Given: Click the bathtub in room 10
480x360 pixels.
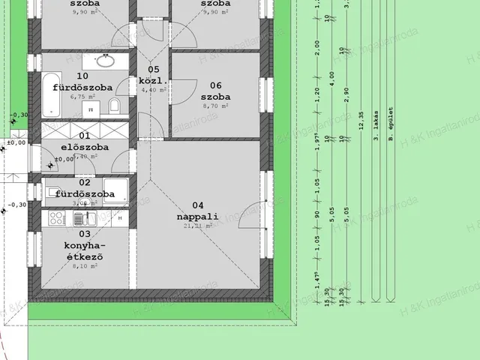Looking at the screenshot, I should point(51,94).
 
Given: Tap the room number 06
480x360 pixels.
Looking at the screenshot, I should point(215,85).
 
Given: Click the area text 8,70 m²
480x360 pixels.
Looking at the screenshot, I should point(215,106).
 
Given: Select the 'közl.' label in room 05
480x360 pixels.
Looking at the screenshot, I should point(153,80).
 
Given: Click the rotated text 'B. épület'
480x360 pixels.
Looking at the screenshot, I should point(390,125).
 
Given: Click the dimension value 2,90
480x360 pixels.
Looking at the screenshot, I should point(346,94).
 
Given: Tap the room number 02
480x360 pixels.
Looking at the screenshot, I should point(85,182).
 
